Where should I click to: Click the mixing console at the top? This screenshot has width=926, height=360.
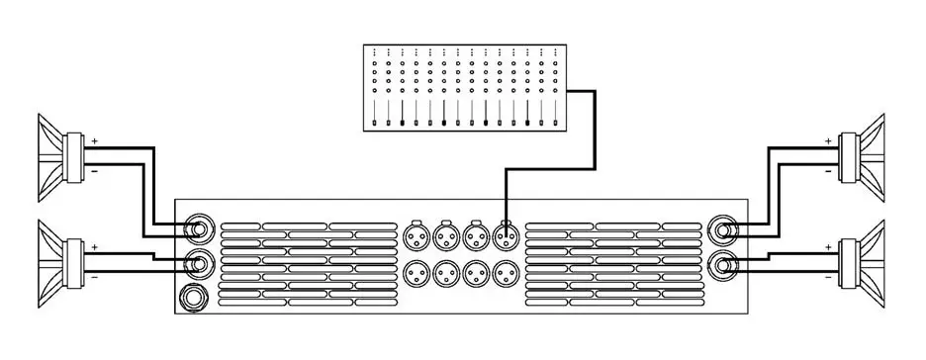[x=465, y=87]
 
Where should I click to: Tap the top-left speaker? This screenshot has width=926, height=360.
[x=61, y=153]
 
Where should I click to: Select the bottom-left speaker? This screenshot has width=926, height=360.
[x=61, y=258]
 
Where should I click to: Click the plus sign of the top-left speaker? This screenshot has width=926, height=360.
[x=95, y=141]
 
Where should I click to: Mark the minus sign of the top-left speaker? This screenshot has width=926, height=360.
[x=95, y=171]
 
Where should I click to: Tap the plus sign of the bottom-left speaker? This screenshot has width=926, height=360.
[x=95, y=245]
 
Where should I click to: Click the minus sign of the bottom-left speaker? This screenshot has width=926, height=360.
[x=95, y=278]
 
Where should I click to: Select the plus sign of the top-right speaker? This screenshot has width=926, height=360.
[x=828, y=141]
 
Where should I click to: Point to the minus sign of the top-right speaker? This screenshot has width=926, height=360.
[x=828, y=171]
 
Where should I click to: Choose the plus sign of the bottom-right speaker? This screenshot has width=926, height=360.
[x=828, y=245]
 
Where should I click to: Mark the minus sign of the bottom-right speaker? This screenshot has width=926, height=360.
[x=828, y=278]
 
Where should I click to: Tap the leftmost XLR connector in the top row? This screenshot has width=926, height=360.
[x=416, y=236]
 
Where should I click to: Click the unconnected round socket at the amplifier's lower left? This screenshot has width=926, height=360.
[x=192, y=296]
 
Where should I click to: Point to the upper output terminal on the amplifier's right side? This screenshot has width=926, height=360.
[x=723, y=232]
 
